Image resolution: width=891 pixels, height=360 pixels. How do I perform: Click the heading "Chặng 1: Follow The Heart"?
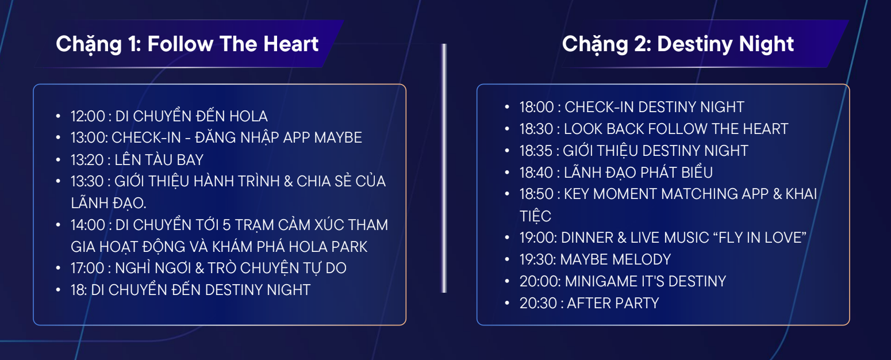(187, 44)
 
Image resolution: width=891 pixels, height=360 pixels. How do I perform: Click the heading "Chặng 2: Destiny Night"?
(678, 44)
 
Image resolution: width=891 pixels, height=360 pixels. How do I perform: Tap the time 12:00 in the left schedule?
(87, 116)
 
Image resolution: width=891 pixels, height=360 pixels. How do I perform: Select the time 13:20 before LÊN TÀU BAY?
(87, 160)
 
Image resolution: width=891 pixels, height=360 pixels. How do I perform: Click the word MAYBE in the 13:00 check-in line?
(338, 137)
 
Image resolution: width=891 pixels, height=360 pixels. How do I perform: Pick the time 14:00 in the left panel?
(88, 225)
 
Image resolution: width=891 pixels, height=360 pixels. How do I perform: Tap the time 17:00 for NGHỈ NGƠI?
(87, 268)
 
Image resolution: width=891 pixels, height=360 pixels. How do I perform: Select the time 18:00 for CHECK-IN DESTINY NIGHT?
(536, 107)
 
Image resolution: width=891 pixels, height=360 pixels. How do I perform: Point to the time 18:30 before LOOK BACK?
(536, 129)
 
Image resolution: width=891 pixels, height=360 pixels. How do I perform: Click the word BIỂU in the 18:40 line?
(697, 173)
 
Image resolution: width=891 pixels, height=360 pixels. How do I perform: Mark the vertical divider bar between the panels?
(444, 168)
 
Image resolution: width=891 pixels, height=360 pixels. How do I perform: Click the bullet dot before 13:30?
(59, 181)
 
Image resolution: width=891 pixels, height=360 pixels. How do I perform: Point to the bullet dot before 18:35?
(507, 151)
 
